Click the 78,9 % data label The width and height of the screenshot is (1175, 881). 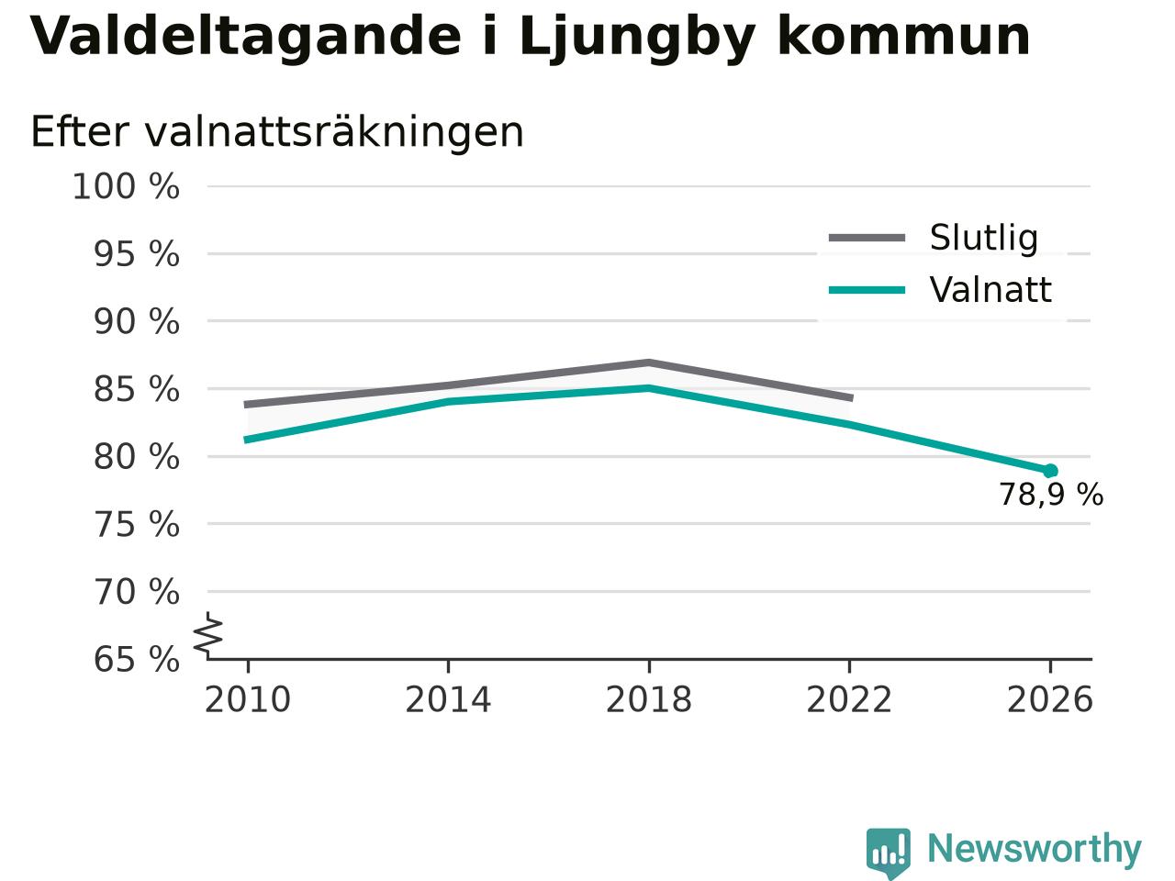click(1051, 495)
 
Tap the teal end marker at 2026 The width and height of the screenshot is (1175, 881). click(1050, 471)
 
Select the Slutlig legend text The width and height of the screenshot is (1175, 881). click(984, 238)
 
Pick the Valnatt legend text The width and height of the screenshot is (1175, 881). click(990, 290)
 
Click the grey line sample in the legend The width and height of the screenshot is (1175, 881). click(867, 238)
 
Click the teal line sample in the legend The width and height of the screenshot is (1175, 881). click(867, 291)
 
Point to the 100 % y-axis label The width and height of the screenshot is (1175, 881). click(126, 186)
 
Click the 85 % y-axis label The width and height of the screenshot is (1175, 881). click(137, 389)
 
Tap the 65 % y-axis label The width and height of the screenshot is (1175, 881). click(137, 659)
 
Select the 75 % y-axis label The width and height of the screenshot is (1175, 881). click(137, 524)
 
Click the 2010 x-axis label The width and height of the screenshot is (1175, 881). click(247, 699)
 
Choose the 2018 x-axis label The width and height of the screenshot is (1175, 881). click(649, 699)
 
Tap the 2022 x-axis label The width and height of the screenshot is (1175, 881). click(849, 699)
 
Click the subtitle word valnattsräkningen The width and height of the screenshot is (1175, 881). click(334, 133)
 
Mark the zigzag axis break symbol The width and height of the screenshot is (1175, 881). click(207, 635)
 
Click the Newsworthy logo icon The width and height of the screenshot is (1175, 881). click(888, 851)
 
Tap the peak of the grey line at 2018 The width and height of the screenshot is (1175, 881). click(649, 362)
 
